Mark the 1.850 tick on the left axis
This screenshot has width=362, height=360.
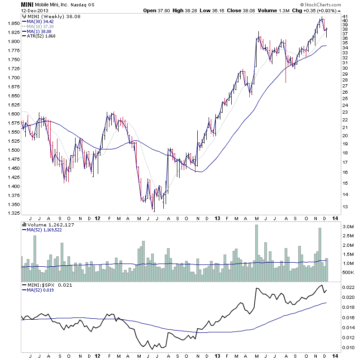(x=14, y=23)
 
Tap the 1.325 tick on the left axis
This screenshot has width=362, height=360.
(x=14, y=213)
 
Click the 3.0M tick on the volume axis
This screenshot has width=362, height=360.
(x=348, y=226)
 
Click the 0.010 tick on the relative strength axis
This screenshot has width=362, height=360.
(x=348, y=348)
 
